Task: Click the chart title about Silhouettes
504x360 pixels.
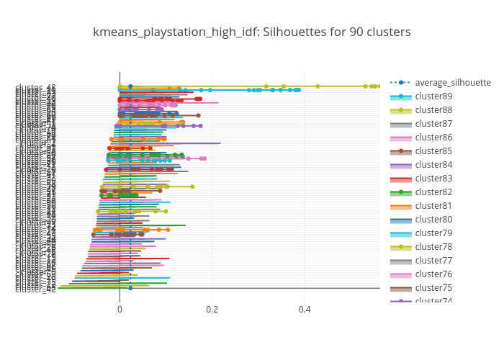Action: [251, 32]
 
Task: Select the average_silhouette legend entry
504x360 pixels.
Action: [452, 82]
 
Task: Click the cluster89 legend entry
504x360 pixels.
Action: [433, 96]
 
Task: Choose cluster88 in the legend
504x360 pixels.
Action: [433, 110]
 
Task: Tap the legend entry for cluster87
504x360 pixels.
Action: [433, 124]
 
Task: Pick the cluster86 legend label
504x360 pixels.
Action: [433, 138]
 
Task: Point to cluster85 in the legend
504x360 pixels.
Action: [433, 151]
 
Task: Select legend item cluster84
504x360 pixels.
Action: [433, 165]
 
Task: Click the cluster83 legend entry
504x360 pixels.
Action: [433, 179]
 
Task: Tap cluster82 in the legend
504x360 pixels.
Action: [433, 192]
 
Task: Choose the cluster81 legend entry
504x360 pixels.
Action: [433, 206]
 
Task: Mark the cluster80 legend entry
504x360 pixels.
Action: [433, 220]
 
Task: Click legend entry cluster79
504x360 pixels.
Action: [433, 233]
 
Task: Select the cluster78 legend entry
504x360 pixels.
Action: [433, 247]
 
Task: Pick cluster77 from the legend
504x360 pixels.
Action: [433, 261]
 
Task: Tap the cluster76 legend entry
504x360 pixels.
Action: [433, 274]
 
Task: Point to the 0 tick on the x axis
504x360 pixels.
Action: [120, 309]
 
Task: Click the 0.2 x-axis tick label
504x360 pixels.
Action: [212, 309]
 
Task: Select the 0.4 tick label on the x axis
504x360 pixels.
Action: [305, 309]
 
